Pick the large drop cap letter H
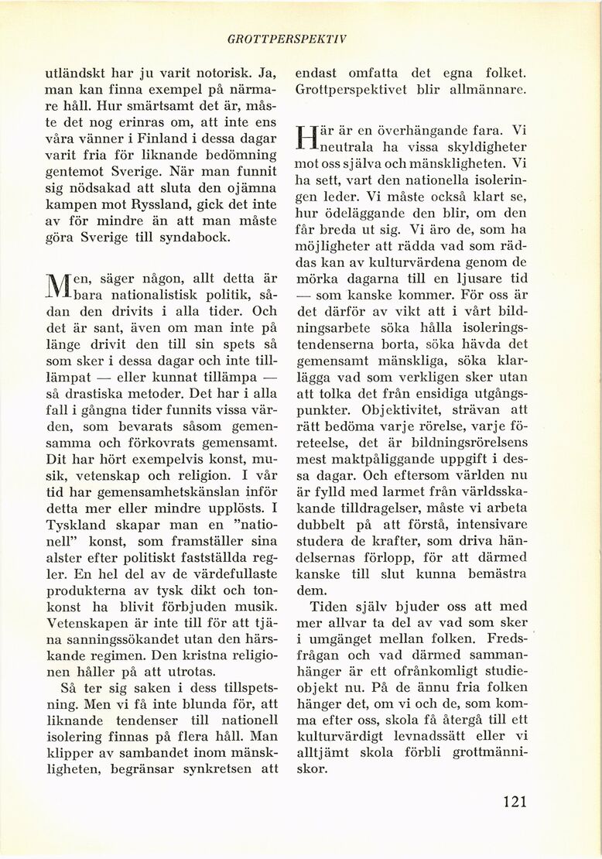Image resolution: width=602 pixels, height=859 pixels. [306, 140]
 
